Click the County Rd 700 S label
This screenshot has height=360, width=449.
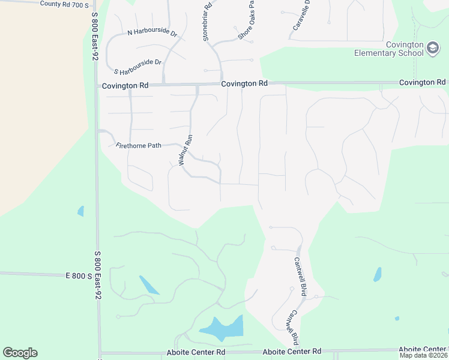click(x=64, y=4)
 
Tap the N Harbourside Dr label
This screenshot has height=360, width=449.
click(x=152, y=34)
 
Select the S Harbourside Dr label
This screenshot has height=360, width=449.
click(x=137, y=62)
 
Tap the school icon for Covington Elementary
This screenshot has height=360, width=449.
click(x=433, y=49)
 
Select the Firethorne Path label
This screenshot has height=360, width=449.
click(x=138, y=145)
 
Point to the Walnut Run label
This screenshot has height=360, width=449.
click(x=185, y=151)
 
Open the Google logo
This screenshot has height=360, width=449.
click(x=20, y=352)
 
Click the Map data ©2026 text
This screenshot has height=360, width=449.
click(x=423, y=355)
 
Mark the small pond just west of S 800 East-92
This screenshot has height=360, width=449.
click(x=80, y=211)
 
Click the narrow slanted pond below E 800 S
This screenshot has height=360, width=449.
click(x=149, y=284)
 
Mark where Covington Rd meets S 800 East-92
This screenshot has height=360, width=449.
click(x=96, y=86)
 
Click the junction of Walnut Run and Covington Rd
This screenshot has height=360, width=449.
click(x=197, y=85)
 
